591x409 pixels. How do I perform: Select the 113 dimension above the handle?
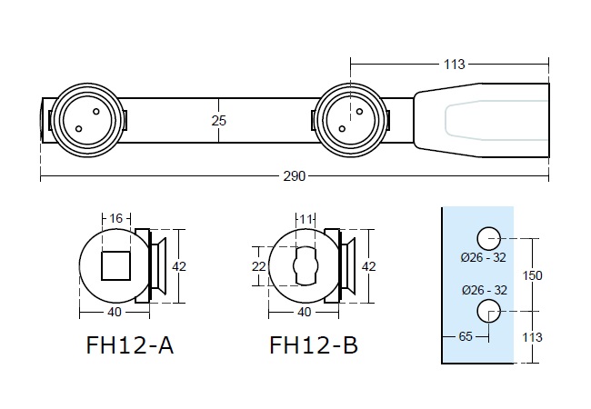coord(455,65)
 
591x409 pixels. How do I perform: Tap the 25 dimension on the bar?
coord(218,119)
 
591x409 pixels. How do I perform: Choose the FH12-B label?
coord(314,346)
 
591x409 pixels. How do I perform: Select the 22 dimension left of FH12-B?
coord(257,265)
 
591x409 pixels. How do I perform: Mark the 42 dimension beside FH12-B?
coord(368,265)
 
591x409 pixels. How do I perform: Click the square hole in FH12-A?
coord(115,265)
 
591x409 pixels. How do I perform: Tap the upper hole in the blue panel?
coord(489,238)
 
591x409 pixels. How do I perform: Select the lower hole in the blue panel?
coord(489,312)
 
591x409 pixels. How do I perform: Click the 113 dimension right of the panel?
coord(534,336)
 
